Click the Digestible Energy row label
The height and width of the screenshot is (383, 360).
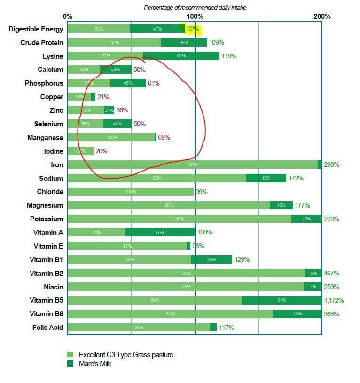36,29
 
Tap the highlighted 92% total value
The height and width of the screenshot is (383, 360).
193,29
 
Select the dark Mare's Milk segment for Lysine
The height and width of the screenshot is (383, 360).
181,56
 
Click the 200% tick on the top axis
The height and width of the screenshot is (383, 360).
322,16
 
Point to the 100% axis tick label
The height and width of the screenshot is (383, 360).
195,16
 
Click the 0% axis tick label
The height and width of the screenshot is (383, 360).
68,16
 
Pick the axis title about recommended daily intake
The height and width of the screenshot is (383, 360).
195,8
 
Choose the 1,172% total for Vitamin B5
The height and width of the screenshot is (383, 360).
334,300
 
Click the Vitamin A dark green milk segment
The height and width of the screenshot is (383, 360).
160,232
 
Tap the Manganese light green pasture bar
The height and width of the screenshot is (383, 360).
111,137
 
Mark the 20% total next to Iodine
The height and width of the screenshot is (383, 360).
101,151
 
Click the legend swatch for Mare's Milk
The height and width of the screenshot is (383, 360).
70,364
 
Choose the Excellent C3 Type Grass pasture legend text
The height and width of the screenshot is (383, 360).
126,355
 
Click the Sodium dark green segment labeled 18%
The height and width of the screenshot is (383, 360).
266,178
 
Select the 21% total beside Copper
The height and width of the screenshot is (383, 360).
103,97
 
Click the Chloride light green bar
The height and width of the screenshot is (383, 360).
130,192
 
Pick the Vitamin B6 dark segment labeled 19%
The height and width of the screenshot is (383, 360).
297,314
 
